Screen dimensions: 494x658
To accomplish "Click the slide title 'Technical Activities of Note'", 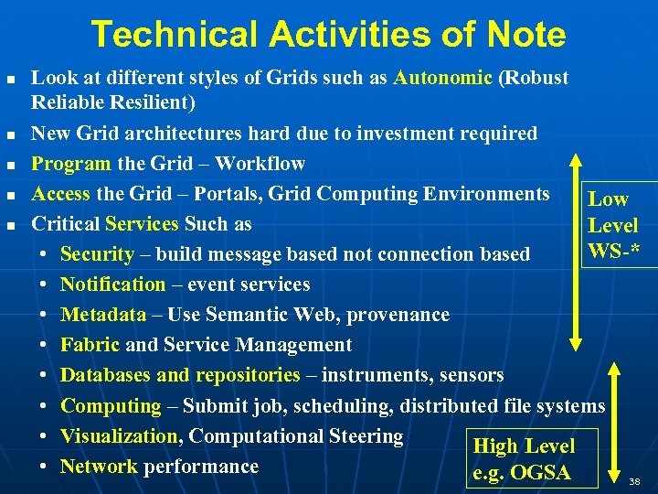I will tap(329, 35).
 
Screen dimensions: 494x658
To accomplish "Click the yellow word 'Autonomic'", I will tap(443, 79).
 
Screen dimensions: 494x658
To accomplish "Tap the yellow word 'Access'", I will tap(61, 194).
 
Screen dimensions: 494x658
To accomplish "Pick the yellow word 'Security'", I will tap(97, 254).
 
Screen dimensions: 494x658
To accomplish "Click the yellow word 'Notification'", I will tap(113, 285).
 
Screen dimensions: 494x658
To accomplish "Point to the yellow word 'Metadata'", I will tap(103, 315).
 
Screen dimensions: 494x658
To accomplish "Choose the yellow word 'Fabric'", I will tap(90, 345).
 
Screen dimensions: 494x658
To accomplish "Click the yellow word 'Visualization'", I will tap(120, 436).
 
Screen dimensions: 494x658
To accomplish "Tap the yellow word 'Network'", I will tap(99, 467).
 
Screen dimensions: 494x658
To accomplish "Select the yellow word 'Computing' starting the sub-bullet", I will tap(111, 405).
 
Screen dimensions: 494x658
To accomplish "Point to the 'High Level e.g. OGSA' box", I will tap(531, 458).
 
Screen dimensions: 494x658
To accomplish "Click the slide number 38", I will tap(635, 479).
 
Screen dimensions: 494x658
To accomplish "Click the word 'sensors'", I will tap(472, 375).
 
